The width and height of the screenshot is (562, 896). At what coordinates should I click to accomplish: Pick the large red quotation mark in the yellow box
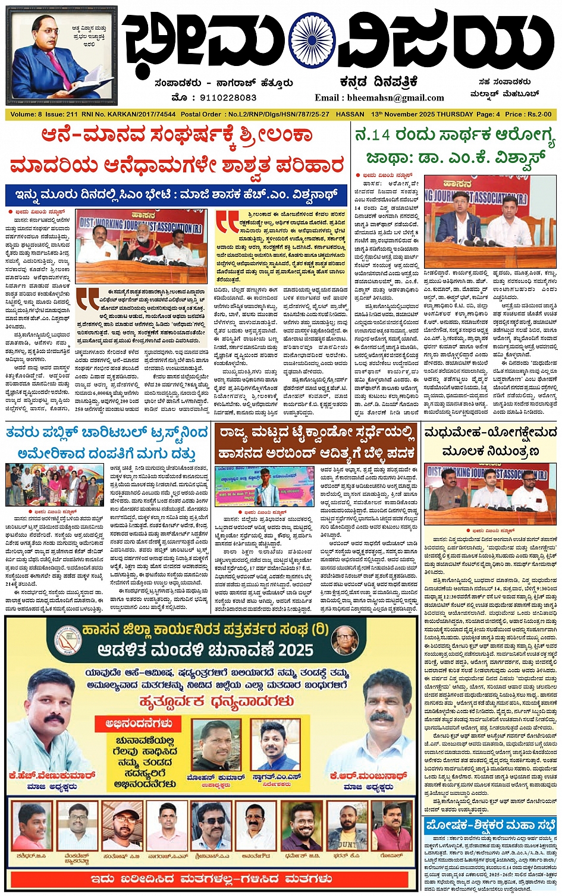point(228,222)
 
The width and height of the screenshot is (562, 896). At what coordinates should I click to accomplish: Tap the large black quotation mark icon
point(87,298)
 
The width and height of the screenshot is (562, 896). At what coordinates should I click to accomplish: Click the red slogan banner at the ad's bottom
point(212,878)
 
